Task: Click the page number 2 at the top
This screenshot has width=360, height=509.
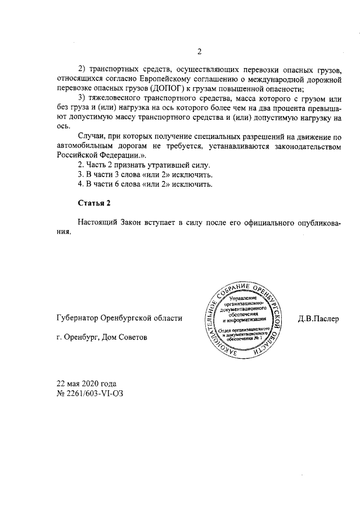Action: tap(199, 53)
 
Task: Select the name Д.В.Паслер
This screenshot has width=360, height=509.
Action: tap(319, 318)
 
